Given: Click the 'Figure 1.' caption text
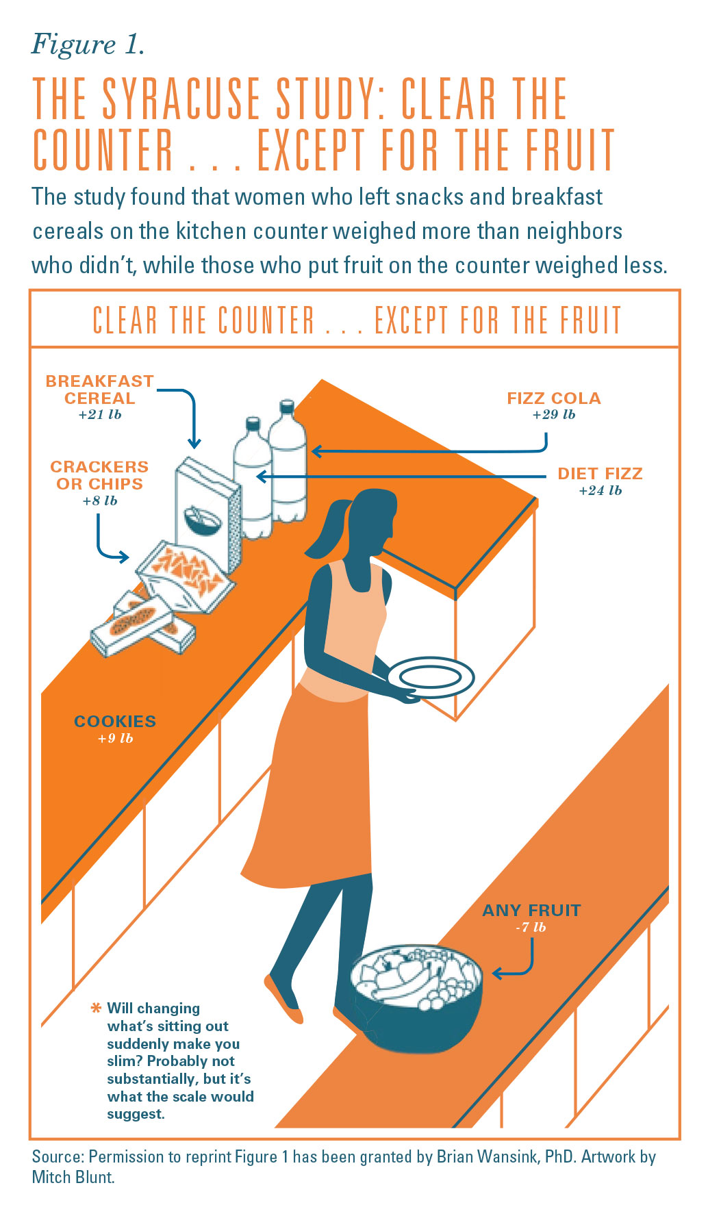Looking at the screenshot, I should tap(88, 45).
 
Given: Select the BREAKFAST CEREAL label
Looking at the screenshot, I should tap(100, 390).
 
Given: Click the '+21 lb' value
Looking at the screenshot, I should tap(100, 415).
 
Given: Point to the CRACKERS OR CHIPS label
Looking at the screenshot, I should tap(99, 475).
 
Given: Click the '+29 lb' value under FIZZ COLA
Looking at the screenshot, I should tap(554, 415).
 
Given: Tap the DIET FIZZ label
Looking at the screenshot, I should tap(600, 474).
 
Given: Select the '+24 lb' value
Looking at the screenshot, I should tap(600, 491).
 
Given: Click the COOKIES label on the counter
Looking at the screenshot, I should tap(115, 722).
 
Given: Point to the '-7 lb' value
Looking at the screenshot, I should tap(531, 928).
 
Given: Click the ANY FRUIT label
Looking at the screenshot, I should tap(531, 911).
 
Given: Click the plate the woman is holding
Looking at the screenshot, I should tap(431, 678).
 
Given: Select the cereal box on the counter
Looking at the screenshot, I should tap(207, 513).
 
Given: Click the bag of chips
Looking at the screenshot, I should tap(185, 575).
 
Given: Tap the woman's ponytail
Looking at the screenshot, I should tap(327, 531).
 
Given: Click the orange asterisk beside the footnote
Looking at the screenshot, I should tap(96, 1009).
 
